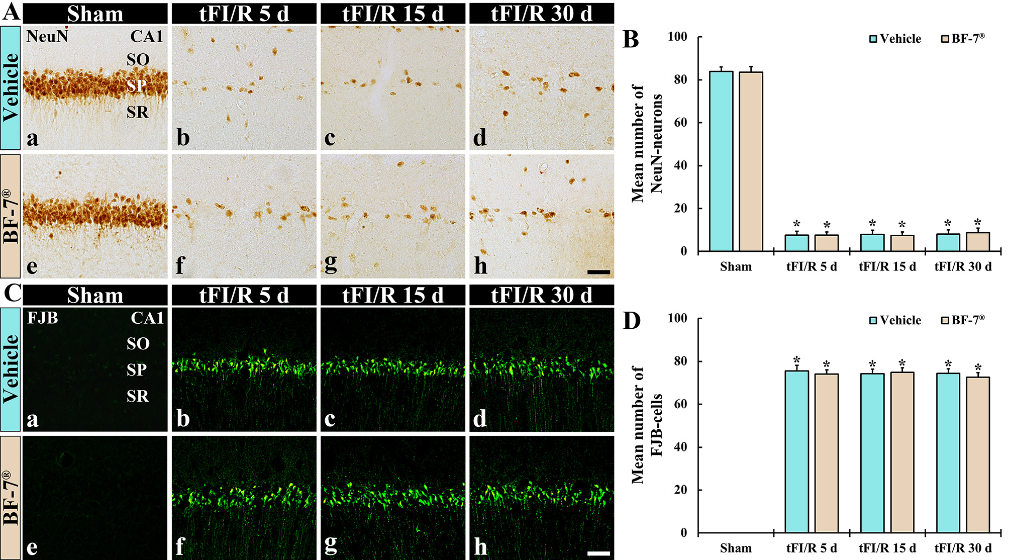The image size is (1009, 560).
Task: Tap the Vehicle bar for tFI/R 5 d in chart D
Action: click(796, 451)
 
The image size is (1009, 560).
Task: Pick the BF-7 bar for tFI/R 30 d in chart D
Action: click(977, 454)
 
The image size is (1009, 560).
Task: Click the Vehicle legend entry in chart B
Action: click(895, 39)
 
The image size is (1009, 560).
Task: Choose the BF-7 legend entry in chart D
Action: click(963, 320)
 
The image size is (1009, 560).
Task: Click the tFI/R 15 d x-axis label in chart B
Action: click(887, 266)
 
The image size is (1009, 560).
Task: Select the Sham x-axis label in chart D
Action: click(736, 548)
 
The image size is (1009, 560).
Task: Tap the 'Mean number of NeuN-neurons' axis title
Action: click(647, 144)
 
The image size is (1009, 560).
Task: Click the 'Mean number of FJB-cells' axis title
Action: click(647, 425)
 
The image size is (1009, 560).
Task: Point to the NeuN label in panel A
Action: click(47, 36)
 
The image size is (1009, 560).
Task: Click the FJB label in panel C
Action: click(42, 318)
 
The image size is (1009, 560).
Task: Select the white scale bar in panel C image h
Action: click(598, 553)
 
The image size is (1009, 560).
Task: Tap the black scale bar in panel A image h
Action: click(598, 272)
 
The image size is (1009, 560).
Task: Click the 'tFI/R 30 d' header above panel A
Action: click(542, 14)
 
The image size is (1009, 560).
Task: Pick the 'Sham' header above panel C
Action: click(95, 295)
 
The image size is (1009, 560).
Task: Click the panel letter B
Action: click(631, 39)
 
